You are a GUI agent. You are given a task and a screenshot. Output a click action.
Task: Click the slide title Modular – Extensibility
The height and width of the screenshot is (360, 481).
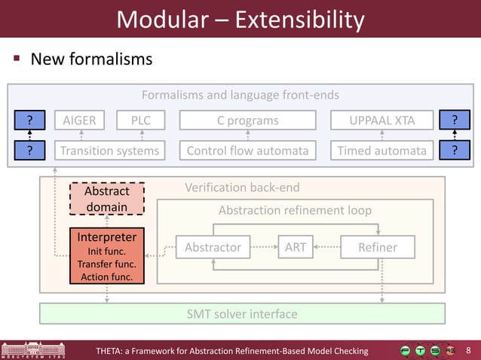coord(240,19)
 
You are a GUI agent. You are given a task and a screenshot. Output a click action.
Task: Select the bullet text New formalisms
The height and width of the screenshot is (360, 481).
coord(90,59)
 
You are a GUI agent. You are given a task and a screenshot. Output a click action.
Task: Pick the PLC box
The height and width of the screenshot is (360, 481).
coord(141,121)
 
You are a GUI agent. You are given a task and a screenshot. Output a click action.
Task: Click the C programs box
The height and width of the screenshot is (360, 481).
coord(247,121)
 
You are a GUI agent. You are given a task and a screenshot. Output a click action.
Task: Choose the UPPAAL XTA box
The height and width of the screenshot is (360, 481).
coord(382,121)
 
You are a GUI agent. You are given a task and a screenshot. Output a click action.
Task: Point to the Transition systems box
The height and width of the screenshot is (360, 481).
coord(111,151)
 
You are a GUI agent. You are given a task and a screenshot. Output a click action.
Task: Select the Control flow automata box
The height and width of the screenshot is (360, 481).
coord(247,151)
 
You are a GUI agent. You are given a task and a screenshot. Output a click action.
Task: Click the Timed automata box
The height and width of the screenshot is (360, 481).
coord(382,151)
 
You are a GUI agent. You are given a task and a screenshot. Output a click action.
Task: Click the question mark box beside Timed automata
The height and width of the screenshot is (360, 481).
coord(455,151)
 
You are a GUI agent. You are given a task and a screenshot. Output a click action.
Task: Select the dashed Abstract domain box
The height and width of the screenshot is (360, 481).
coord(106,199)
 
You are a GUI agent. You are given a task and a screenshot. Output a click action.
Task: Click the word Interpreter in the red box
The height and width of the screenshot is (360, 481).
coord(106,237)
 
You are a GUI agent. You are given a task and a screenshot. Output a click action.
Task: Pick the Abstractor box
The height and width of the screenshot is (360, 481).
coord(213,247)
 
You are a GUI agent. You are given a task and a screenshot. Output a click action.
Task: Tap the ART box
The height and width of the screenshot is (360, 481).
coord(295,247)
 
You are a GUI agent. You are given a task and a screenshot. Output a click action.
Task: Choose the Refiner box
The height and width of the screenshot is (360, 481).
coord(378,247)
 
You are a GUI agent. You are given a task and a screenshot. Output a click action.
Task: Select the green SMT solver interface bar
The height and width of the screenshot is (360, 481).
coord(241,313)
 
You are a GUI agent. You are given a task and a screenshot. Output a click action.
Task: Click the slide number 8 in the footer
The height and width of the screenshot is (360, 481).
coord(469,350)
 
